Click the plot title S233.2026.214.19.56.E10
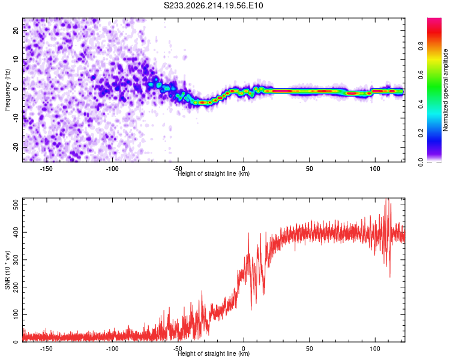click(x=213, y=5)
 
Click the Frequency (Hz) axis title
click(x=7, y=89)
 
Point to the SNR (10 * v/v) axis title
click(x=7, y=270)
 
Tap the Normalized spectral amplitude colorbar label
click(x=445, y=90)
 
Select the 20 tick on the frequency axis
click(x=16, y=31)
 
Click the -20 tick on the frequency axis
click(x=16, y=147)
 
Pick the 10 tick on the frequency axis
click(x=16, y=60)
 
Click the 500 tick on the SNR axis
click(x=16, y=205)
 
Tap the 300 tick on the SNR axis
click(x=16, y=260)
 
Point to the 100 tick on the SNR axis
click(x=16, y=314)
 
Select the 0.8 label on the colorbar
click(x=421, y=46)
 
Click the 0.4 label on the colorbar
click(x=421, y=104)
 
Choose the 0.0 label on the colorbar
click(x=421, y=163)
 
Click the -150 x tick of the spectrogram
click(x=46, y=169)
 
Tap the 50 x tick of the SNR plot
click(x=309, y=349)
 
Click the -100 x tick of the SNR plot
click(x=112, y=349)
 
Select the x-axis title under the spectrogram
click(x=214, y=173)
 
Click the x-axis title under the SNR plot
click(x=214, y=353)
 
